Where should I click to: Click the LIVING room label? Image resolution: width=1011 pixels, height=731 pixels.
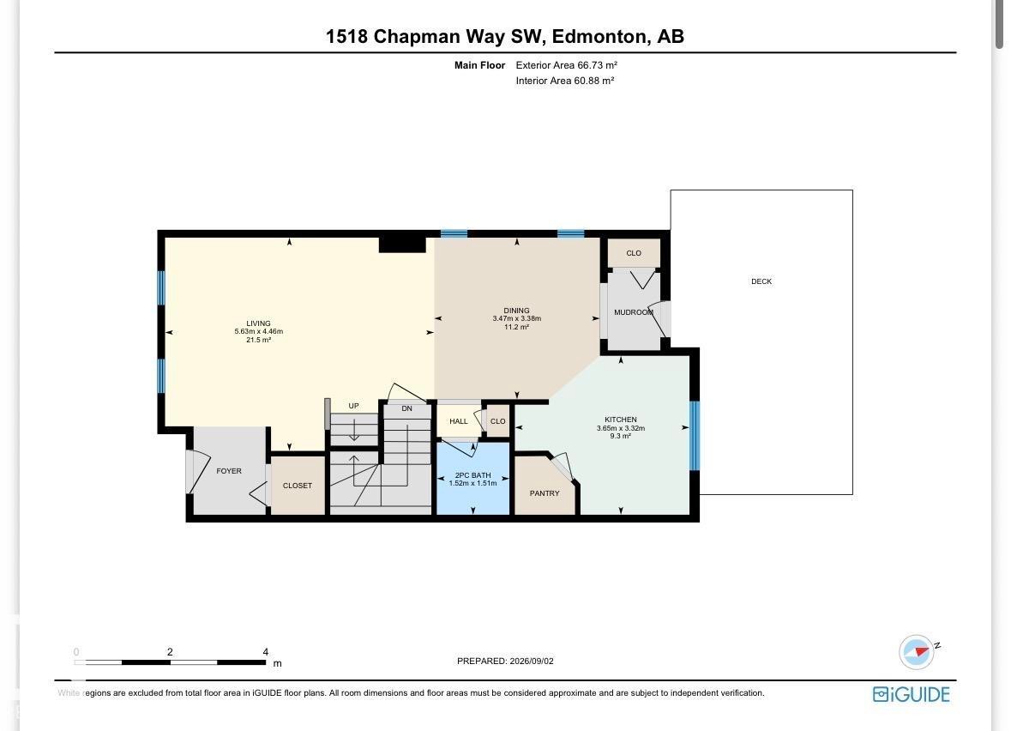259,323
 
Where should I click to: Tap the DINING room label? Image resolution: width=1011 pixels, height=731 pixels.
516,311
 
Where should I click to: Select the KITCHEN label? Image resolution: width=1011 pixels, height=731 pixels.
621,420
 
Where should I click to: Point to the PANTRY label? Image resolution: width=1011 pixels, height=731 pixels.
545,493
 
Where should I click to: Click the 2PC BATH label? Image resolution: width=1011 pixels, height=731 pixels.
473,474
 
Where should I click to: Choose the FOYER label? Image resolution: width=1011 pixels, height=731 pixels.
229,471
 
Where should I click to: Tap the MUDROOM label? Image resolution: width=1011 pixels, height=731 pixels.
634,312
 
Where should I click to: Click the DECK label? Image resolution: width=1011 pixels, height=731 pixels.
761,281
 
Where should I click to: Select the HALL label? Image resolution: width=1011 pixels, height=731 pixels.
459,421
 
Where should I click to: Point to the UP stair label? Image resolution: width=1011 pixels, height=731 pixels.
353,406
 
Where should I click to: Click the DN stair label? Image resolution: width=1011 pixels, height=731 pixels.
406,408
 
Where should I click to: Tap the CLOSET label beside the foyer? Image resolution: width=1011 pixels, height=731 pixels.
298,486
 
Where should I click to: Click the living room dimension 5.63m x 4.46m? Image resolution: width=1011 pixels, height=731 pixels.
259,332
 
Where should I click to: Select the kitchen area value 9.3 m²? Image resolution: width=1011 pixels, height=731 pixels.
621,436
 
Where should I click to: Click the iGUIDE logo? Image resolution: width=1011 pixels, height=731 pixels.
911,694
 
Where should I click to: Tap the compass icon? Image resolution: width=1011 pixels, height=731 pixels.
916,651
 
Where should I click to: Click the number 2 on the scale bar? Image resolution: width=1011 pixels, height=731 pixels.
170,652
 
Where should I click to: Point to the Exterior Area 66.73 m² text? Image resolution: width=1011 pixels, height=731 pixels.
567,65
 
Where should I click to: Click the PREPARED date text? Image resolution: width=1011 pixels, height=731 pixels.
506,661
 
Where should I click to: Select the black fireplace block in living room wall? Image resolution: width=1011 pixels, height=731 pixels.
402,245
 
